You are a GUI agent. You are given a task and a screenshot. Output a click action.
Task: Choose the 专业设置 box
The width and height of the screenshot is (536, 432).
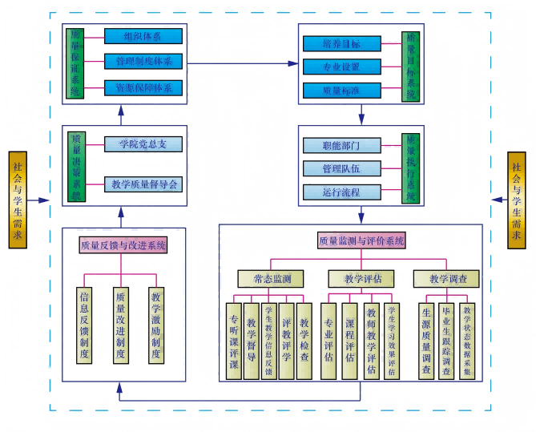click(341, 67)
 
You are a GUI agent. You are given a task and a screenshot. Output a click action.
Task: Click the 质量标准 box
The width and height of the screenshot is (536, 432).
click(341, 90)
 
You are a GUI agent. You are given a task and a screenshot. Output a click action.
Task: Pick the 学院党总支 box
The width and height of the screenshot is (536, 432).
click(143, 143)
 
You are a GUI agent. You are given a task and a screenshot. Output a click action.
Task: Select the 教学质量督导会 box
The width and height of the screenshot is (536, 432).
click(143, 184)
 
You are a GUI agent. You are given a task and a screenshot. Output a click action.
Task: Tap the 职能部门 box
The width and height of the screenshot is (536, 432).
click(341, 145)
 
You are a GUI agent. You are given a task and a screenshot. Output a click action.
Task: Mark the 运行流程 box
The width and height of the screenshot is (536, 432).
click(341, 192)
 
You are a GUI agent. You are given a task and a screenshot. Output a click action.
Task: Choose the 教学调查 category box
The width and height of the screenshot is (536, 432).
click(446, 279)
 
